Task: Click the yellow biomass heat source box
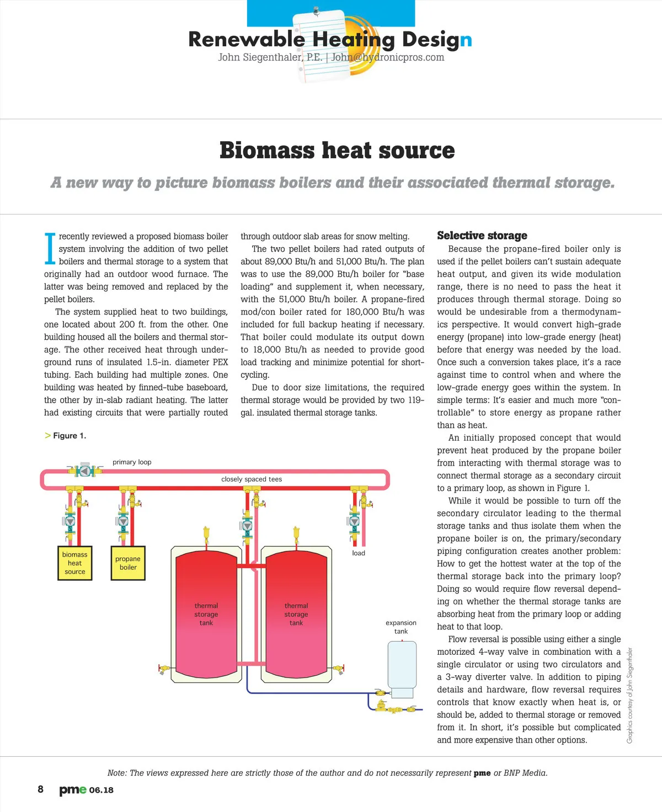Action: point(74,563)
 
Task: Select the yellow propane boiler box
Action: point(128,563)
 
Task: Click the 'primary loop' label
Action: point(132,462)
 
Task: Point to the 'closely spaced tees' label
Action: point(252,479)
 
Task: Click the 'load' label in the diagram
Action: point(359,553)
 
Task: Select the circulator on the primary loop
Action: point(84,471)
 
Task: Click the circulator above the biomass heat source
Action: point(70,521)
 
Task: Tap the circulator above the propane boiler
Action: point(124,521)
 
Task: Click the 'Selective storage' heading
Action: point(482,236)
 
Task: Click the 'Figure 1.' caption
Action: point(69,436)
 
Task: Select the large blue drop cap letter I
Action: point(50,248)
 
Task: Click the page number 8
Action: point(40,789)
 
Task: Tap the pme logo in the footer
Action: point(73,790)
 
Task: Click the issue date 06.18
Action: point(102,790)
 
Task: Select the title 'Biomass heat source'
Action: point(337,151)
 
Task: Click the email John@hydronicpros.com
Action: point(388,57)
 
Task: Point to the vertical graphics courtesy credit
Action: point(630,695)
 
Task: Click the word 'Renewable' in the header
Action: point(246,39)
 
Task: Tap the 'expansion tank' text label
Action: point(401,627)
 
